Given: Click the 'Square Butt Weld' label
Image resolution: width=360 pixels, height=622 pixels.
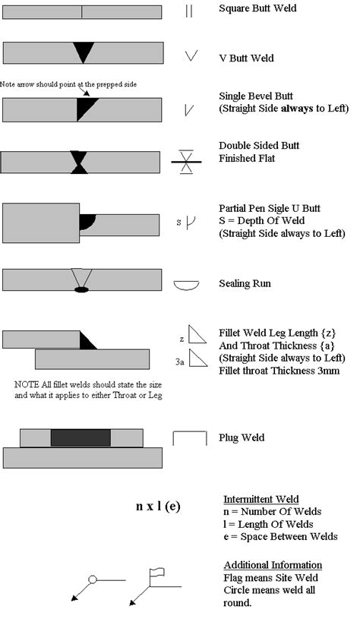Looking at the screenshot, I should click(x=257, y=9).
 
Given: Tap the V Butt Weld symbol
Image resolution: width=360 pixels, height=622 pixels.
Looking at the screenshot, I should click(x=191, y=57).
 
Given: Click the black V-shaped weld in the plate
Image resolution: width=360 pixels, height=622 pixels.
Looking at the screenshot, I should click(x=83, y=52).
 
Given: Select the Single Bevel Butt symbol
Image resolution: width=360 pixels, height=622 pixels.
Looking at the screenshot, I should click(x=189, y=110).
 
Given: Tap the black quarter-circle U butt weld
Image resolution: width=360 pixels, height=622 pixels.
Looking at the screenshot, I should click(x=87, y=221).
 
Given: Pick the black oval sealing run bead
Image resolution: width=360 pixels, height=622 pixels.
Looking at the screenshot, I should click(x=81, y=289).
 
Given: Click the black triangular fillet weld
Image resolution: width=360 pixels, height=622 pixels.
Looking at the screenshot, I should click(x=87, y=342).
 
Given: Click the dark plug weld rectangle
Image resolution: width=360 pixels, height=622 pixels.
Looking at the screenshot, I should click(x=81, y=438).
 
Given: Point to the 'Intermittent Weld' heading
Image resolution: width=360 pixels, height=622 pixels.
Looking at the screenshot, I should click(x=261, y=500).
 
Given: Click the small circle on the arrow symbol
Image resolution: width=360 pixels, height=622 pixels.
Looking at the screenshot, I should click(x=93, y=579).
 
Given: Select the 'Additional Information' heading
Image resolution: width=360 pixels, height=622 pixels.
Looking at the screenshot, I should click(x=273, y=565).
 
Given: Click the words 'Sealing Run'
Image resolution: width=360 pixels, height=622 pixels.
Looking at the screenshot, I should click(x=245, y=284).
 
